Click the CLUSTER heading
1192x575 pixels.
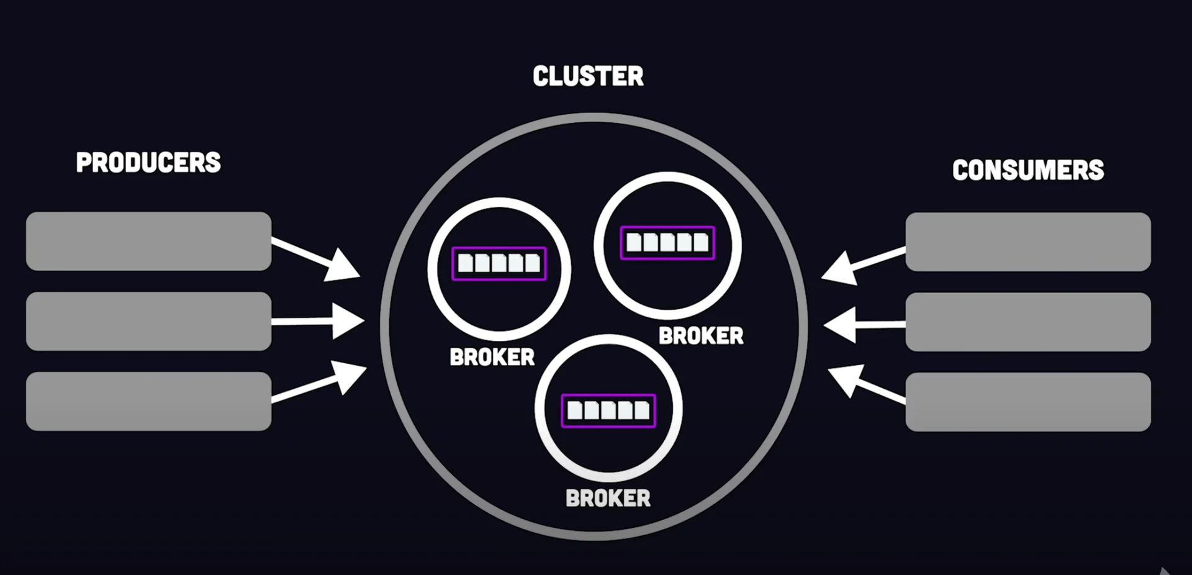(x=588, y=76)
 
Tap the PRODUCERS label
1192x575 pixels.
(x=148, y=163)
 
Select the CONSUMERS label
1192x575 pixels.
(x=1028, y=170)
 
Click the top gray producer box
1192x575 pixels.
(x=148, y=241)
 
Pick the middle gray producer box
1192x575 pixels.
(x=148, y=321)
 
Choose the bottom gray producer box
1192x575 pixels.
(x=148, y=401)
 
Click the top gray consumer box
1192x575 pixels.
(x=1028, y=242)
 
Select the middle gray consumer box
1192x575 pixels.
(x=1028, y=322)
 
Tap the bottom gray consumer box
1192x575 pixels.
(x=1028, y=402)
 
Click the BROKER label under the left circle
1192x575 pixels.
(x=492, y=357)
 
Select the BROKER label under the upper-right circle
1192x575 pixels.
(x=701, y=336)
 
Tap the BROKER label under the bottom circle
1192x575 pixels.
(x=608, y=498)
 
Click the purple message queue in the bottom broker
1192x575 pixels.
(x=608, y=410)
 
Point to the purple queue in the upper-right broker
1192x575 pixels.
(x=667, y=242)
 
